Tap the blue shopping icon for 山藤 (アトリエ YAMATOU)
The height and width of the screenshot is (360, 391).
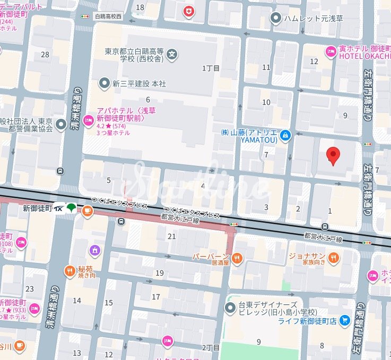285,136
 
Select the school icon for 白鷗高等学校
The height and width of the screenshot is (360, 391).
172,54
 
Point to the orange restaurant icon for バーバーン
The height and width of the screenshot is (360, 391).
237,258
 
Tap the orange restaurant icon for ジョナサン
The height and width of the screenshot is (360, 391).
333,258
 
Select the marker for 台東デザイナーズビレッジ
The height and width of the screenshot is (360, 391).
231,307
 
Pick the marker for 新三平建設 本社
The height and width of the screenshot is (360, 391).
105,83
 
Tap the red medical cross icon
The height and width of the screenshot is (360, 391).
188,11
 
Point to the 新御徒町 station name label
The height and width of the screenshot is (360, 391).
37,209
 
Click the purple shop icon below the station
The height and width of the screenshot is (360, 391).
94,249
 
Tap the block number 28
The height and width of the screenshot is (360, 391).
45,55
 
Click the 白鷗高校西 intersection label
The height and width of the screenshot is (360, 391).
108,16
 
